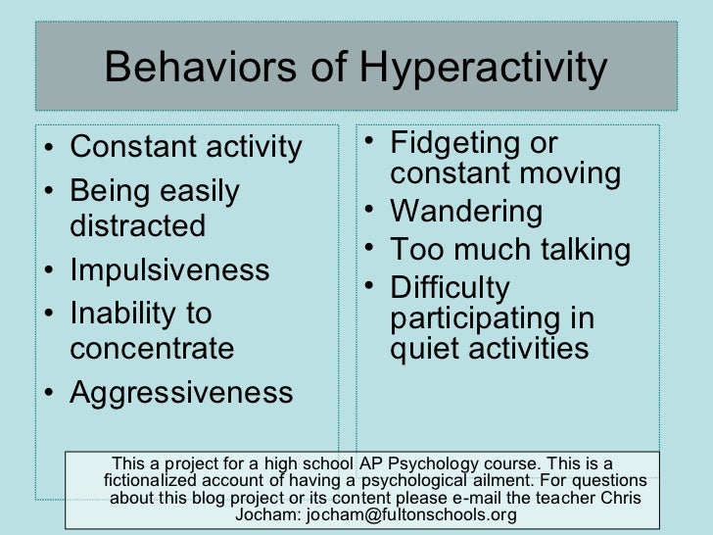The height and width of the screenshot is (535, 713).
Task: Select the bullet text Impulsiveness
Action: coord(169,269)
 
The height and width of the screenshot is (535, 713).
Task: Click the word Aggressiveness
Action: coord(181,392)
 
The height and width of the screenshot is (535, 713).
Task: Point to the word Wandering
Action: coord(465,211)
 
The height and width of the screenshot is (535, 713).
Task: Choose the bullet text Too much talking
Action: coord(509,249)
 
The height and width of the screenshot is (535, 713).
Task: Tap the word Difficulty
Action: coord(450,287)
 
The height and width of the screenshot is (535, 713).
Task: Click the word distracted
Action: coord(138,226)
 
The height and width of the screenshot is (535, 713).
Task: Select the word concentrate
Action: coord(153,348)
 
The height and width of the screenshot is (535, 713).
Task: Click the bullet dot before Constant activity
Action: coord(50,149)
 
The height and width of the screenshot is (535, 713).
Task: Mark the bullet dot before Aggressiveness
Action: coord(50,394)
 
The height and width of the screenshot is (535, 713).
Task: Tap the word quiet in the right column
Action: coord(422,348)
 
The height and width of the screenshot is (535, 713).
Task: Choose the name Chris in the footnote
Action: coord(621,499)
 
